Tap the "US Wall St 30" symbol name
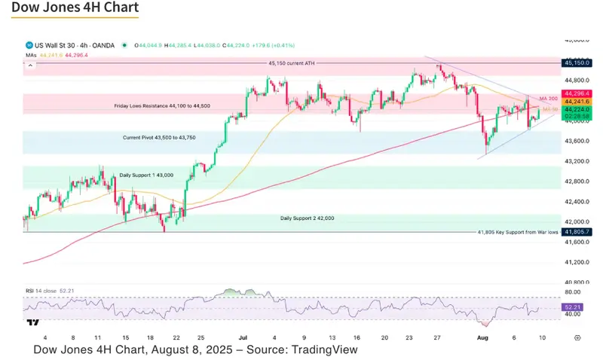click(x=55, y=45)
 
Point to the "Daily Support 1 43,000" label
click(x=146, y=175)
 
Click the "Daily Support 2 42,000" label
click(x=308, y=218)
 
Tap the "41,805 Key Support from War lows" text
click(x=518, y=232)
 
